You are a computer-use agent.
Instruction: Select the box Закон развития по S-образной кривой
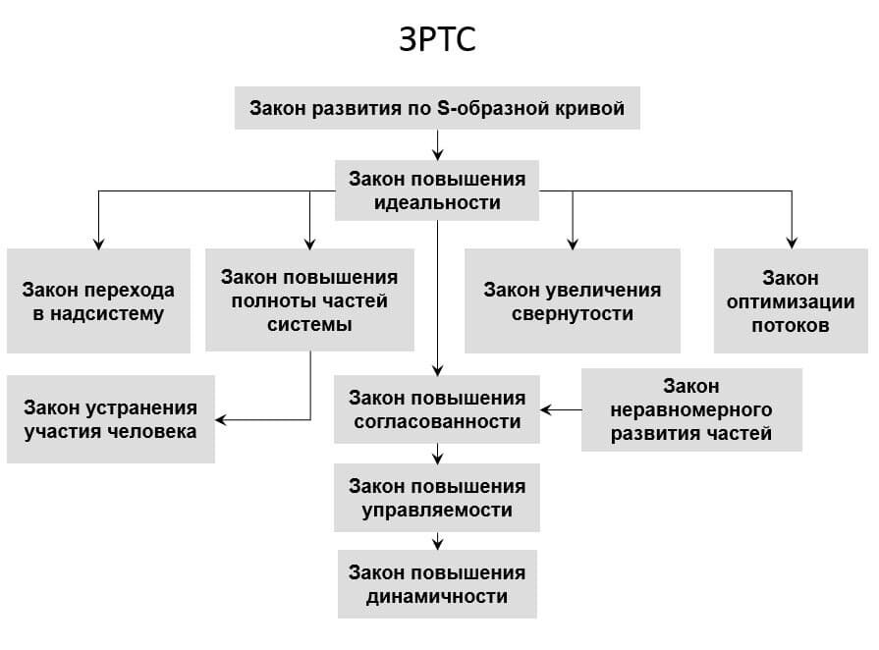click(x=437, y=108)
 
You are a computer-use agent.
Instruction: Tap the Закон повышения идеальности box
click(x=437, y=190)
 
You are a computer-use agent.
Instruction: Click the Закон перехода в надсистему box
click(x=98, y=301)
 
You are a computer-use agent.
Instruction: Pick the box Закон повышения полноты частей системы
click(x=309, y=299)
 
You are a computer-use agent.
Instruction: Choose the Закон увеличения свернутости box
click(x=572, y=301)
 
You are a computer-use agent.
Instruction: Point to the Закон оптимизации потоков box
click(x=791, y=301)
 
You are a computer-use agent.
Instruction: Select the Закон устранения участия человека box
click(x=110, y=419)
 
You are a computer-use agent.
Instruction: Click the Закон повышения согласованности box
click(x=437, y=409)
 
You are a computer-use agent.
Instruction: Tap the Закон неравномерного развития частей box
click(x=691, y=409)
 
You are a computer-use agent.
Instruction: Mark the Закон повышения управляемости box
click(x=437, y=498)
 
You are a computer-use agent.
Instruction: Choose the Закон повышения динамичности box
click(x=437, y=584)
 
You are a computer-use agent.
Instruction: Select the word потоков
click(x=791, y=325)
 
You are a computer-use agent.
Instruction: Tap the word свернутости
click(x=572, y=314)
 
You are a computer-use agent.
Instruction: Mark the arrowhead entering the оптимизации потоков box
click(x=791, y=243)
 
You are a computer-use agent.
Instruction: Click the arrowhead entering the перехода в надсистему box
click(x=98, y=243)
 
